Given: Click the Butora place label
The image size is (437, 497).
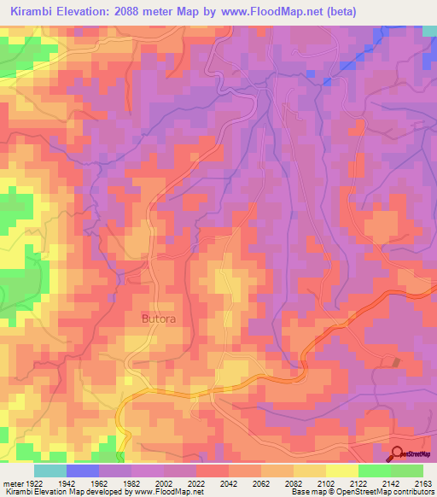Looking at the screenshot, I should pyautogui.click(x=158, y=319).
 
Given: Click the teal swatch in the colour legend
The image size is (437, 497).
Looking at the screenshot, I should pyautogui.click(x=50, y=470).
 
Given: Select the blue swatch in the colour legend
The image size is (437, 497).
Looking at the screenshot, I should pyautogui.click(x=83, y=470).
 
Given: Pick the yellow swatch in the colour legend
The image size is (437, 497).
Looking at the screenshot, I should pyautogui.click(x=342, y=470).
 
